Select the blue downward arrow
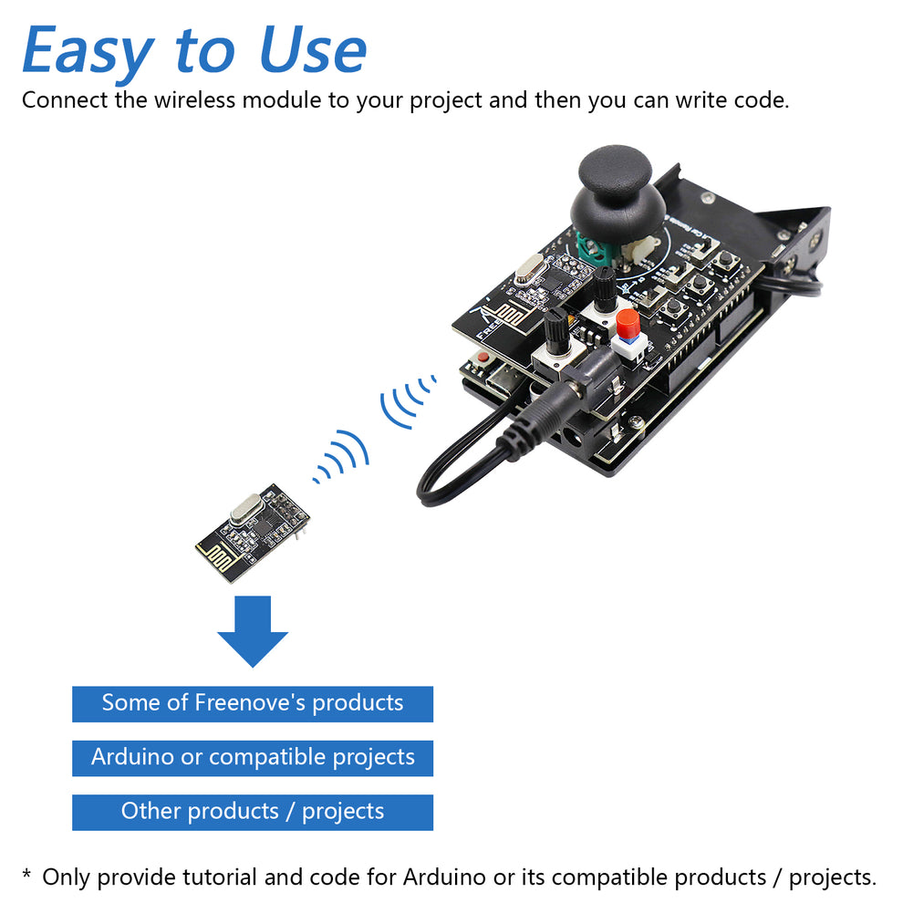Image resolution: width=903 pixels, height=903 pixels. [x=252, y=631]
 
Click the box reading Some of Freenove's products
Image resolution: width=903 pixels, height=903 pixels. [x=252, y=703]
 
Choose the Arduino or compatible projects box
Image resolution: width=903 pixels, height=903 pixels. [x=252, y=757]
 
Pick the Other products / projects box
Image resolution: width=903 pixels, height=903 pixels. [x=252, y=812]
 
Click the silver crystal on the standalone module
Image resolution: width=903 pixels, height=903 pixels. [x=245, y=509]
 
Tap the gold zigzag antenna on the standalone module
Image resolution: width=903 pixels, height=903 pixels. [x=214, y=550]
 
